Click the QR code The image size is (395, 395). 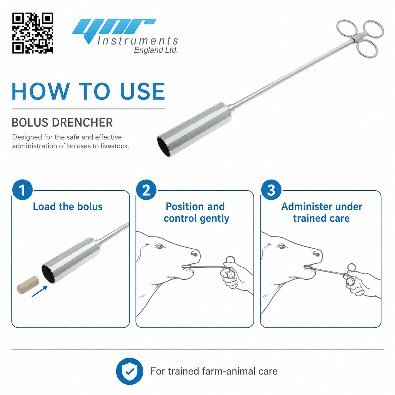click(33, 33)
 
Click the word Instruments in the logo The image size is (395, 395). click(138, 41)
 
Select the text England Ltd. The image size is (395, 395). click(156, 50)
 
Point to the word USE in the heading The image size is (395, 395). click(143, 91)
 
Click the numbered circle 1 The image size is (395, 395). click(22, 190)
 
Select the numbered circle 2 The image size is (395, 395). click(146, 190)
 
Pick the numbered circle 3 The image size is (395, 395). click(271, 190)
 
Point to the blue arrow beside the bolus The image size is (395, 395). click(40, 291)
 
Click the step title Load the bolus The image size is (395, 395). click(68, 206)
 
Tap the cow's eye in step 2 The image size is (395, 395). click(160, 246)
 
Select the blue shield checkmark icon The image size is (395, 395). click(129, 371)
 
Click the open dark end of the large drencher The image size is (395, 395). click(164, 147)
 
